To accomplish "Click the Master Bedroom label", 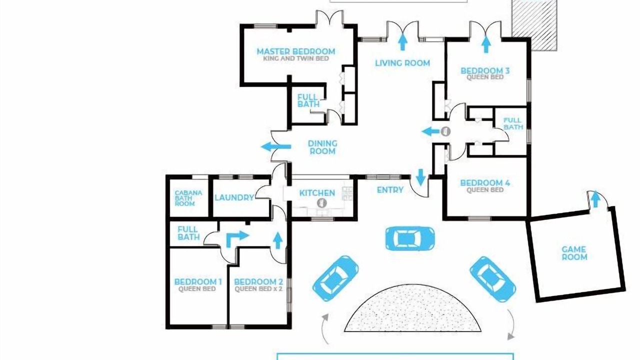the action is click(x=295, y=51).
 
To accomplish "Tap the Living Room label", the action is click(x=402, y=63).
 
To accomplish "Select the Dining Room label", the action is click(x=322, y=147).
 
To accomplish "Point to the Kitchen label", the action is click(x=317, y=193).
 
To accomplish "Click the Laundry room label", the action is click(x=234, y=197).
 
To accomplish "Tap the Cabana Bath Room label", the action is click(x=188, y=198).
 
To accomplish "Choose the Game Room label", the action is click(x=574, y=253).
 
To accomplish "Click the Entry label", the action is click(x=390, y=189).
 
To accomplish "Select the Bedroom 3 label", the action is click(x=485, y=70).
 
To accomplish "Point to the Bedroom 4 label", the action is click(x=485, y=182).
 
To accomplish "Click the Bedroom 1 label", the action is click(x=197, y=282).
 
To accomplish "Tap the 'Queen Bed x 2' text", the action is click(x=258, y=289).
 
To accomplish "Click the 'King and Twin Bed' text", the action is click(x=295, y=58).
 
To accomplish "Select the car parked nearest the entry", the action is click(x=410, y=238).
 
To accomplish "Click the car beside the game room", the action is click(x=492, y=279).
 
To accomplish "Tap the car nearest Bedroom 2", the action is click(x=335, y=278).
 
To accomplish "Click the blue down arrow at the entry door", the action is click(x=420, y=177).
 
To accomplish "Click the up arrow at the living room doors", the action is click(x=402, y=41).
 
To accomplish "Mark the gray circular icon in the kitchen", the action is click(x=321, y=203).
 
